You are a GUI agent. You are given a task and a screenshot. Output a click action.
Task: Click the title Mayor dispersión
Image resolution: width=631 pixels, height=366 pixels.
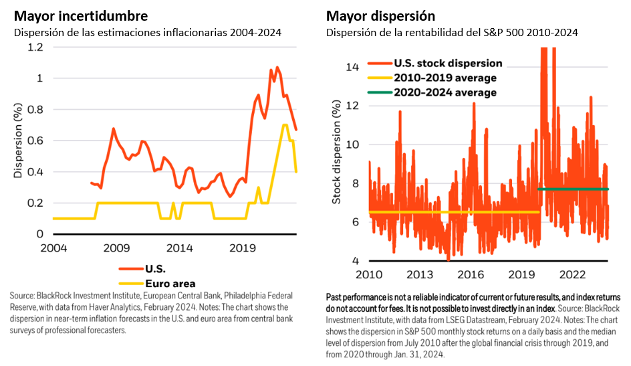[381, 15]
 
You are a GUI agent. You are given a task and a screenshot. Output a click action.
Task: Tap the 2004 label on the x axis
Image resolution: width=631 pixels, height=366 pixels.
[53, 248]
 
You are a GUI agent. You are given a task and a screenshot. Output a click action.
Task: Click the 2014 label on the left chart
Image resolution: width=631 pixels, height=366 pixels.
[179, 248]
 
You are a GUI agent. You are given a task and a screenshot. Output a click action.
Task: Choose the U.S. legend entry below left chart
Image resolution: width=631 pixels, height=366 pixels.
[155, 268]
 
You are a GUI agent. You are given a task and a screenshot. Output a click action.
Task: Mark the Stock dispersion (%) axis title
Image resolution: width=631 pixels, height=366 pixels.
[337, 153]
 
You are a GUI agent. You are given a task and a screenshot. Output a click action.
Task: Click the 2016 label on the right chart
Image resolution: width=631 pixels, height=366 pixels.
[472, 274]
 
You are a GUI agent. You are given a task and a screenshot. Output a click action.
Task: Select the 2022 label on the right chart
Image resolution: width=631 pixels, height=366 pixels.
[572, 274]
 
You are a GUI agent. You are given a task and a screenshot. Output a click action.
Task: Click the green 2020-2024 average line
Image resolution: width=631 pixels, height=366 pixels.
[572, 189]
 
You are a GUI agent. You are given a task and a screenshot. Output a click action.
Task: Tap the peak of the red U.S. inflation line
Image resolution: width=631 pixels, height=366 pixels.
[277, 67]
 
